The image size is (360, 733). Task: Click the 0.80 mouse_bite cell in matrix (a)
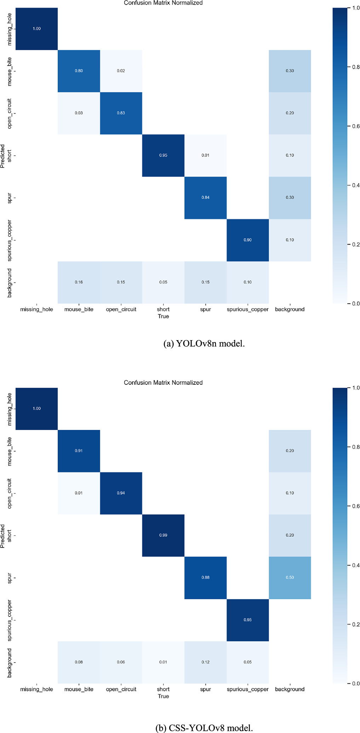(79, 71)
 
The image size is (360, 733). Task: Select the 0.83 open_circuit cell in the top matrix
(121, 113)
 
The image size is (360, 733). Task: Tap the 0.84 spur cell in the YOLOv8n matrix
(205, 197)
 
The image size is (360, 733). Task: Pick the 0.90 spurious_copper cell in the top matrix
(247, 240)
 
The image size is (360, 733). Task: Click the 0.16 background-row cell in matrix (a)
(79, 282)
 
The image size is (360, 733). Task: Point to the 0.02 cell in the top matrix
(121, 71)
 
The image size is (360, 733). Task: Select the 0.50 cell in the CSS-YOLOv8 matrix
(290, 577)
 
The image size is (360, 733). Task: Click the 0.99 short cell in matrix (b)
(163, 535)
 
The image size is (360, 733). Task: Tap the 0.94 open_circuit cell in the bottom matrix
(121, 493)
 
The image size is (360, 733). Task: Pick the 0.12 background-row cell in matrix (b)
(205, 662)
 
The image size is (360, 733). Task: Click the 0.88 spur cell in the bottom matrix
(205, 577)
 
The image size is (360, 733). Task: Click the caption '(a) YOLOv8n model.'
(204, 344)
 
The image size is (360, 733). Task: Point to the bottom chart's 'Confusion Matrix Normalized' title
(163, 383)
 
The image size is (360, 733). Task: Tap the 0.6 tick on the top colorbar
(356, 126)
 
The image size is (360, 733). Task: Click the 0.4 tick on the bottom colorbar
(356, 565)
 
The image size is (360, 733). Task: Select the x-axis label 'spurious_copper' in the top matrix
(247, 309)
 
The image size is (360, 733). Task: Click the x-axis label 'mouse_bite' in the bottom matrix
(79, 689)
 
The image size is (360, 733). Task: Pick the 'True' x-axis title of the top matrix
(163, 316)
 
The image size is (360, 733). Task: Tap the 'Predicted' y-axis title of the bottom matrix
(3, 536)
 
